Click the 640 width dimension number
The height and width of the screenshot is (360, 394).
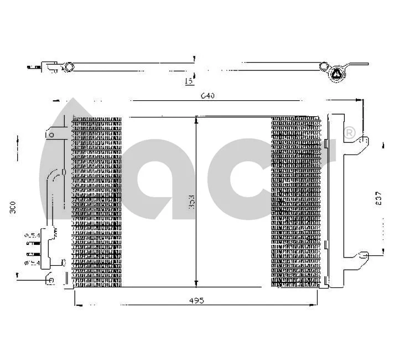[207, 96]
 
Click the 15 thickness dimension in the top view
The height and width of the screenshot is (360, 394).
[188, 81]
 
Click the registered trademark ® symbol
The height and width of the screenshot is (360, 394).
[349, 132]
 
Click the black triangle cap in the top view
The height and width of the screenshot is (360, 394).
[336, 74]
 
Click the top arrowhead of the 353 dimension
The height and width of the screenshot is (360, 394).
[196, 119]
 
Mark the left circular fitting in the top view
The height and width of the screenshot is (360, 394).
[69, 67]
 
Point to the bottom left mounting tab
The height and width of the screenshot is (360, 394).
[50, 280]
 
